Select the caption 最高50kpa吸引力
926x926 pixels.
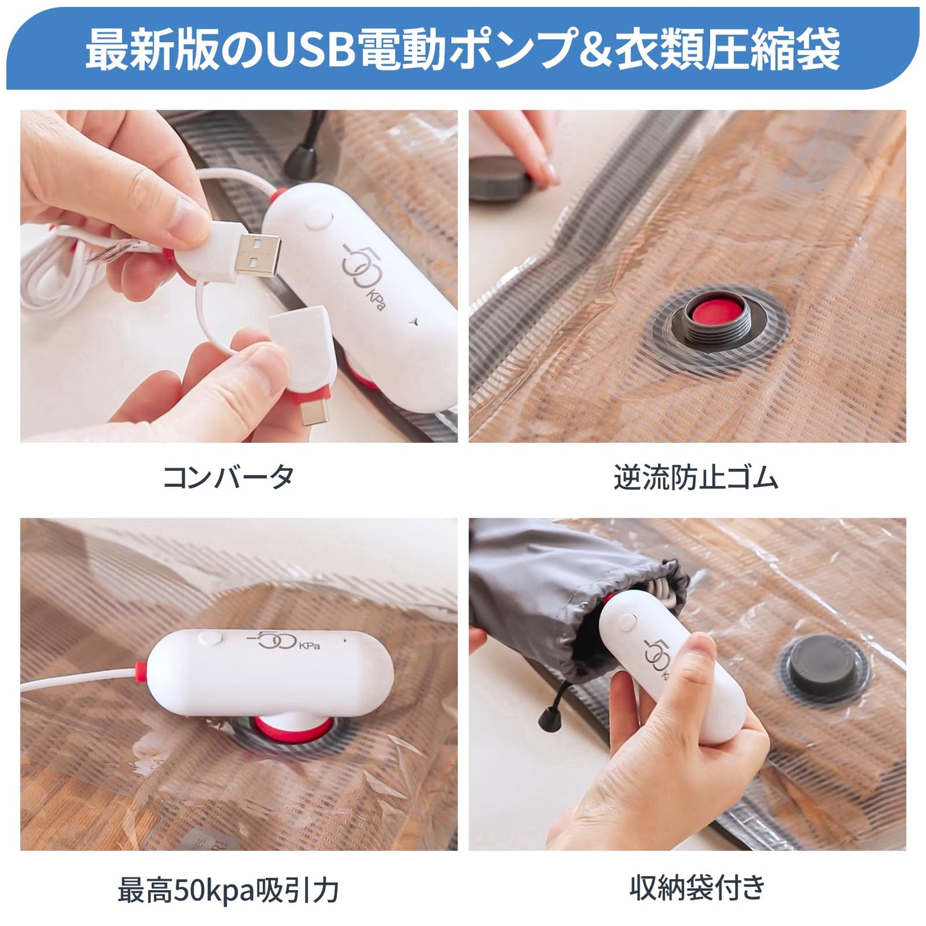228,890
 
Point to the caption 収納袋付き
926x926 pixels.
698,888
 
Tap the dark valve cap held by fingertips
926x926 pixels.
504,178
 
